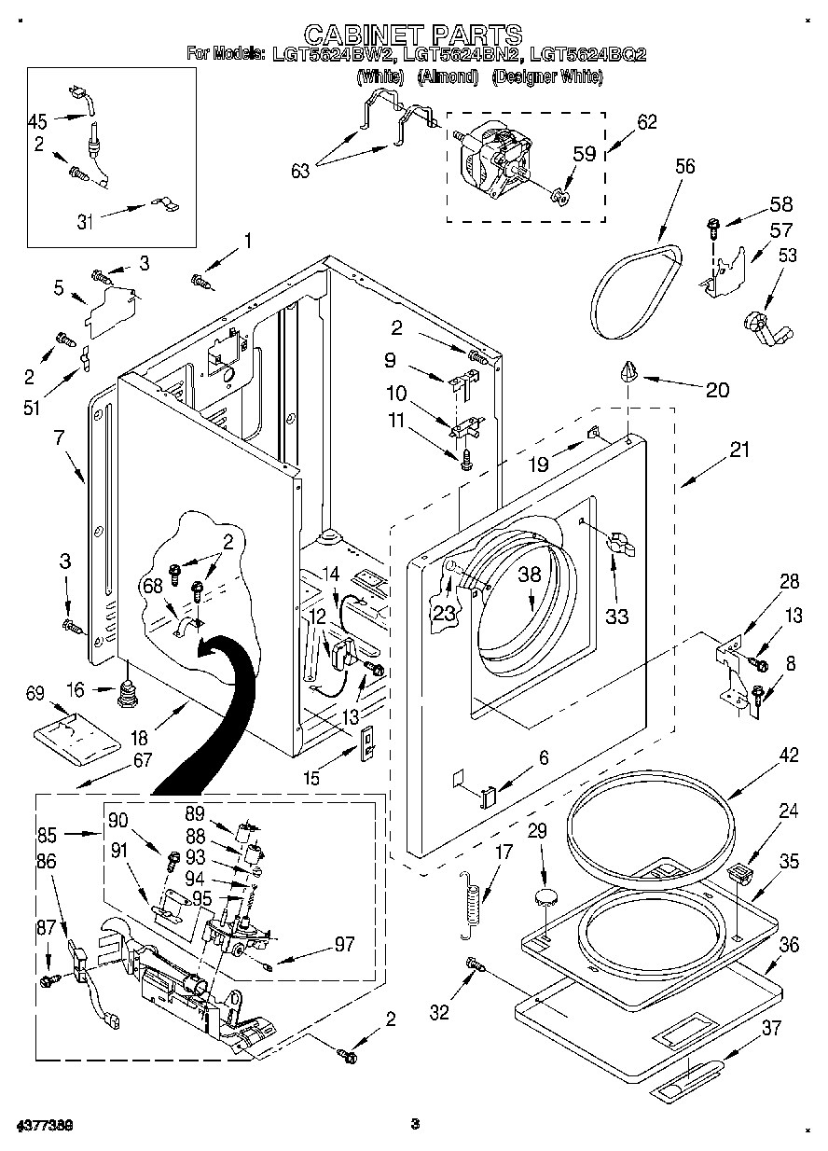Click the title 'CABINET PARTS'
pyautogui.click(x=413, y=35)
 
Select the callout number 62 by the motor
pyautogui.click(x=646, y=121)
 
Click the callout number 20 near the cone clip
pyautogui.click(x=717, y=390)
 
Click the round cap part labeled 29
pyautogui.click(x=545, y=897)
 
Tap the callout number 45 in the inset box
pyautogui.click(x=37, y=120)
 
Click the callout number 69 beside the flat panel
pyautogui.click(x=34, y=693)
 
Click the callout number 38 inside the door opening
pyautogui.click(x=530, y=575)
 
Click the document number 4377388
pyautogui.click(x=43, y=1125)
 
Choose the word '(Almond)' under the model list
pyautogui.click(x=448, y=78)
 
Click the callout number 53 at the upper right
pyautogui.click(x=788, y=256)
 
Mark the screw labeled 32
pyautogui.click(x=474, y=966)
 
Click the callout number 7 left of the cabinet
pyautogui.click(x=59, y=437)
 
